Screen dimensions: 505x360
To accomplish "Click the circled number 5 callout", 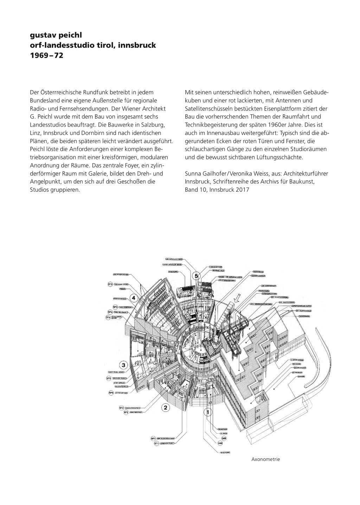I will [x=197, y=275].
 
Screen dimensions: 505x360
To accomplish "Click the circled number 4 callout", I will [x=133, y=298].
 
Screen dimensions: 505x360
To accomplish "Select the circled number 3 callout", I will [x=123, y=365].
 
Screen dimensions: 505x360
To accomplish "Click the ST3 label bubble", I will [x=110, y=284].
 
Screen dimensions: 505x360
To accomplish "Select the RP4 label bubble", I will [x=110, y=312].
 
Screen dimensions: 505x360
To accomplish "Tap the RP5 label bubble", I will [x=111, y=392].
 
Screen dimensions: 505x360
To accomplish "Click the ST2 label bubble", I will [x=121, y=408].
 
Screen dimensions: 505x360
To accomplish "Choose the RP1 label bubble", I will [x=153, y=439].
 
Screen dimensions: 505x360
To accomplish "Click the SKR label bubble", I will [x=224, y=438].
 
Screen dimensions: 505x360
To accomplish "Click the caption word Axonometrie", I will [x=265, y=459].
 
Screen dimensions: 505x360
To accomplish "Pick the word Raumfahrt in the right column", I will [x=298, y=116].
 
